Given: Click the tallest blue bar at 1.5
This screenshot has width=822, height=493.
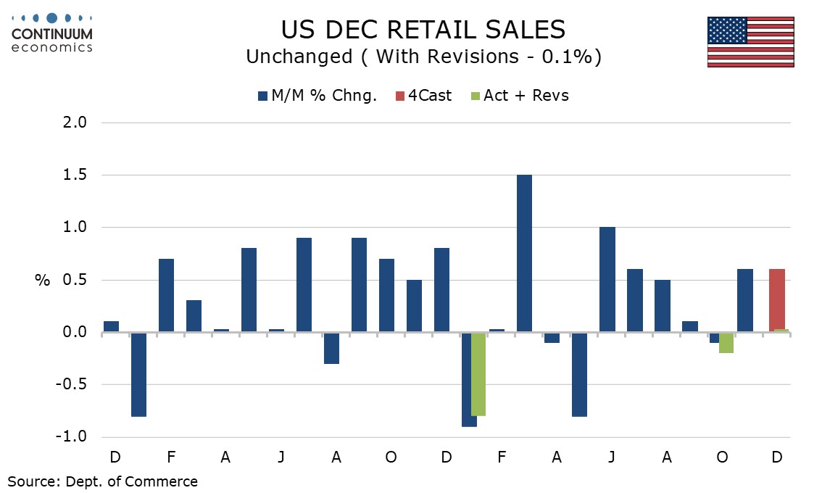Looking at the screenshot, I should (525, 254).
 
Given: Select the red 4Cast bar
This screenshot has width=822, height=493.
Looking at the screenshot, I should (776, 301).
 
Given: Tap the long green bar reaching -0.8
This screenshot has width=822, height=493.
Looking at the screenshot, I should (478, 374).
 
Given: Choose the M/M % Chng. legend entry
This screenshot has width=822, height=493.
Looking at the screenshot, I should (317, 96).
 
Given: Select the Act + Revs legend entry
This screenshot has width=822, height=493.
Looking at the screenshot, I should (519, 96).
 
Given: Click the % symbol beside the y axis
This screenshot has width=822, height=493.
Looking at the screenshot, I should (42, 281).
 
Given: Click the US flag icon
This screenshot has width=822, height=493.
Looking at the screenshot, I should (750, 42).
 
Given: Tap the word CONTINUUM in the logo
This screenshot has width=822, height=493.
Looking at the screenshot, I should (52, 33).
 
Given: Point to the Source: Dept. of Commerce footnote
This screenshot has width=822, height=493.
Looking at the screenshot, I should (102, 481).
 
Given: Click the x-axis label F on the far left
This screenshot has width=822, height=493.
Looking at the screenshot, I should (170, 457).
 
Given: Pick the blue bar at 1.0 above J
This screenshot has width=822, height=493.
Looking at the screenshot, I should (607, 280).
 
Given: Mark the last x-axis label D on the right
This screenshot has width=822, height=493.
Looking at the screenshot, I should (776, 457).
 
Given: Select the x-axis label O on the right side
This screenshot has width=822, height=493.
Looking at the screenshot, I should (721, 457).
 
